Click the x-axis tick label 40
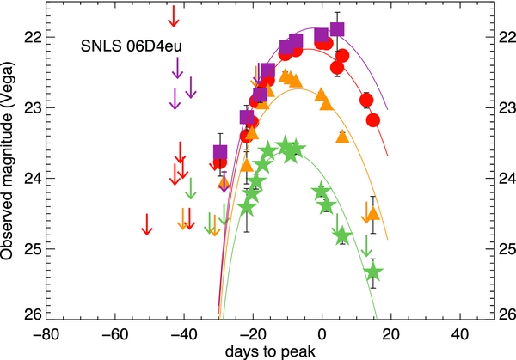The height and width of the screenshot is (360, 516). (x=461, y=333)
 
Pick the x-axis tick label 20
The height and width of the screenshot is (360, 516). (x=391, y=333)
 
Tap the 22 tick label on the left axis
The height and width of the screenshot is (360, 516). (x=30, y=37)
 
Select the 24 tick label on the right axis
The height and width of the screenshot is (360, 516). (x=504, y=178)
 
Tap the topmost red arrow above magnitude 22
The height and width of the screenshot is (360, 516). (x=174, y=15)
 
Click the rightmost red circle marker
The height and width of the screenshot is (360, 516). (x=373, y=120)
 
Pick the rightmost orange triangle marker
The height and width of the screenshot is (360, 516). (x=371, y=215)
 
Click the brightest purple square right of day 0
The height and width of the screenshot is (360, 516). (x=337, y=30)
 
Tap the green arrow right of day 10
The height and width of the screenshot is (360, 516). (x=367, y=246)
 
